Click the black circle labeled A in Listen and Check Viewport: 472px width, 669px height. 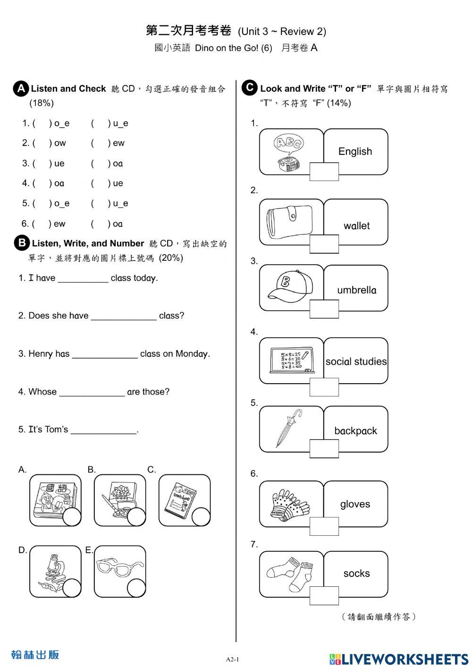21,89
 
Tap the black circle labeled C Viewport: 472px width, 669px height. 249,88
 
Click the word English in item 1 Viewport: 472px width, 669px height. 355,152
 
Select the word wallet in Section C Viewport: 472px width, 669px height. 356,226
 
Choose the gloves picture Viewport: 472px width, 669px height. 289,503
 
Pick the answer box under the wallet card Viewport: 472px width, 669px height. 324,244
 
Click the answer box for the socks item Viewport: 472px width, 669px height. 324,595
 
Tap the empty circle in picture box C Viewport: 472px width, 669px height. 201,517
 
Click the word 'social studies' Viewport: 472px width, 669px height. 356,362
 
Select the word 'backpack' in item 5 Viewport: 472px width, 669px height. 355,431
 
